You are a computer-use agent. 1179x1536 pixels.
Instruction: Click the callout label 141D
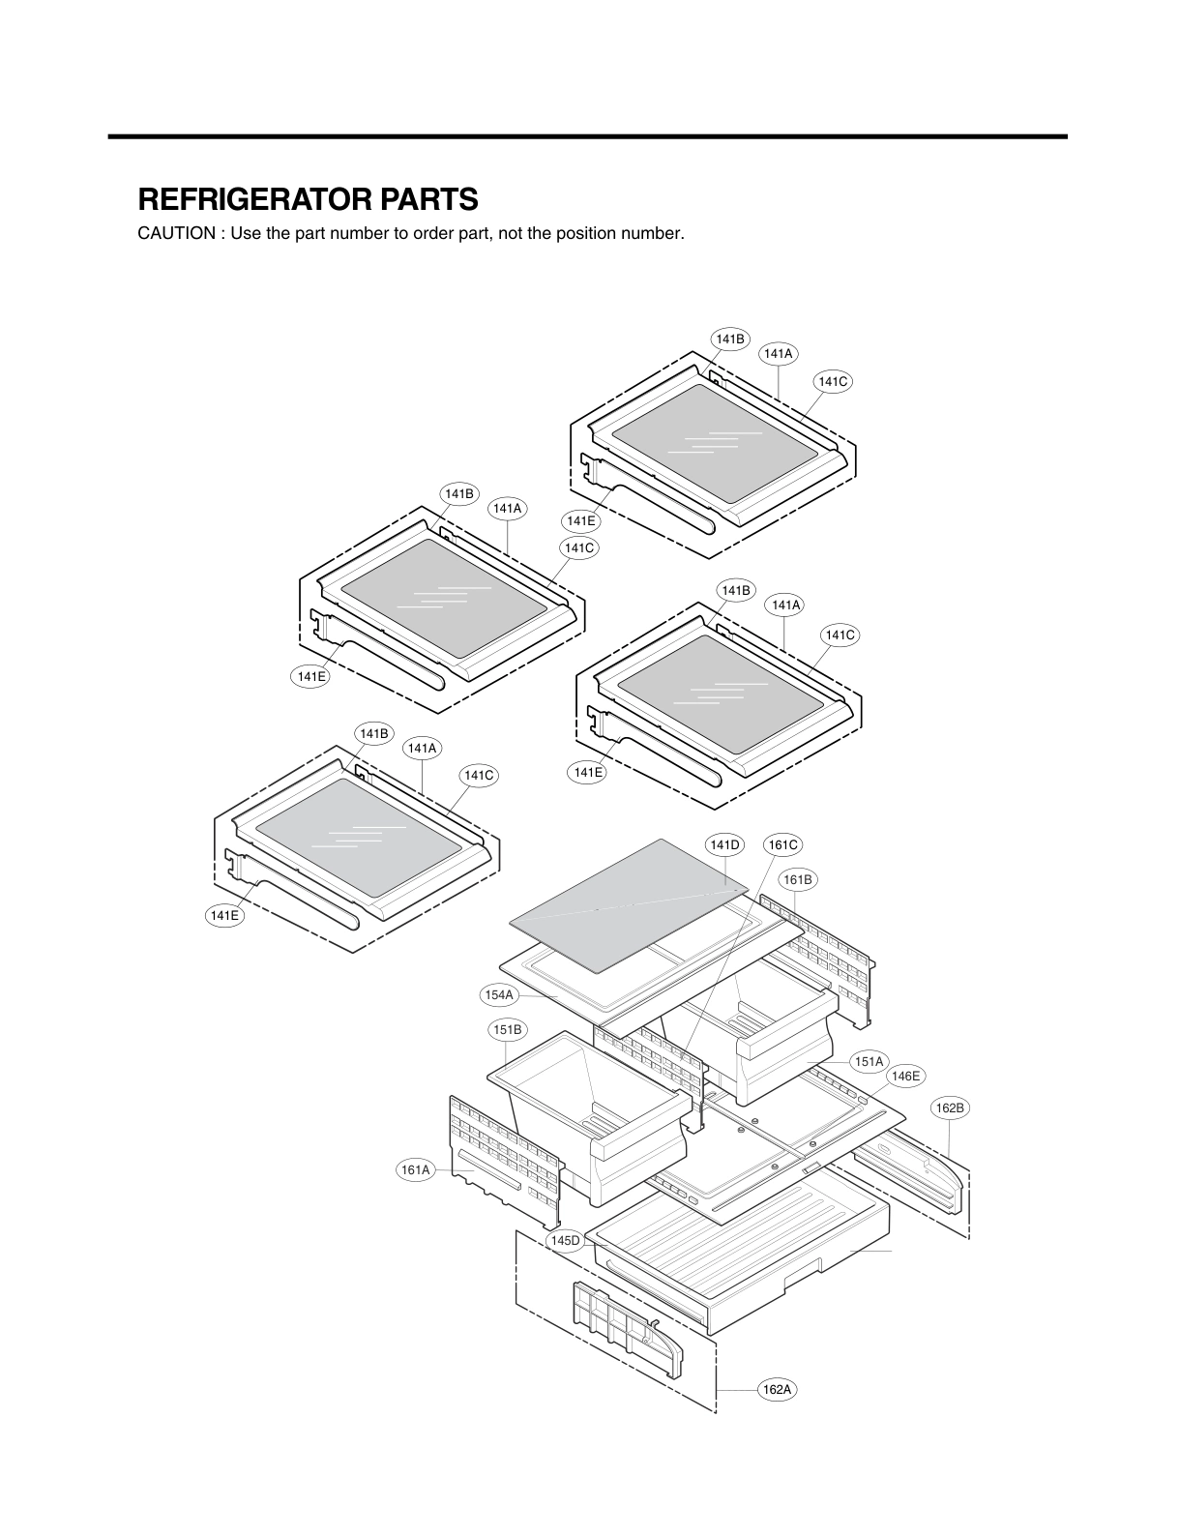[x=724, y=844]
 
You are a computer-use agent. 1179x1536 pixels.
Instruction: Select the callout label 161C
[x=782, y=844]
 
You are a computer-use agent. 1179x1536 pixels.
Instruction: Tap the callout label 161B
[x=798, y=879]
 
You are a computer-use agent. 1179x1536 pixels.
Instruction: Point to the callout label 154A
[x=499, y=994]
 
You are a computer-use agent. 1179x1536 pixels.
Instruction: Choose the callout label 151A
[x=869, y=1061]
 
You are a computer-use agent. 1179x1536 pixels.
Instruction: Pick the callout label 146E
[x=906, y=1076]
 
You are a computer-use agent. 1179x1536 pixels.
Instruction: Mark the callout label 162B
[x=950, y=1108]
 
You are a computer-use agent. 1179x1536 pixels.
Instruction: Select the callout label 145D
[x=564, y=1240]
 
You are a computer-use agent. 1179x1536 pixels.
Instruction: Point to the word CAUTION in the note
[x=176, y=234]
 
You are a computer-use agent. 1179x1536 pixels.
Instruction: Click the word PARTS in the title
[x=427, y=199]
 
